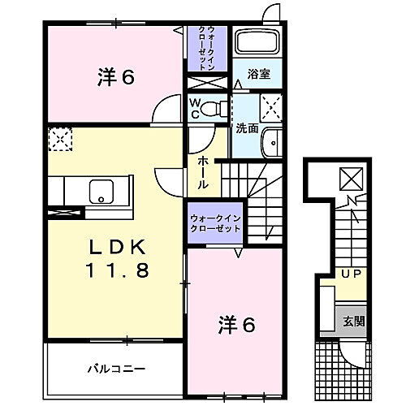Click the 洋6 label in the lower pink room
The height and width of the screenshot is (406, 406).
[235, 324]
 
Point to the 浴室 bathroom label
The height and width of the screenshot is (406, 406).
[257, 73]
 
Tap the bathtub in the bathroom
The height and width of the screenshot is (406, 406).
[257, 45]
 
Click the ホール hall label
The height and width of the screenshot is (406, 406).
[203, 172]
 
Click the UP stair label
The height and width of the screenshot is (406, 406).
[351, 274]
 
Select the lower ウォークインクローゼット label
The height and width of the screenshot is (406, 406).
[215, 223]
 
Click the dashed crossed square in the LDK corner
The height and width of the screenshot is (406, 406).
[58, 139]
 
